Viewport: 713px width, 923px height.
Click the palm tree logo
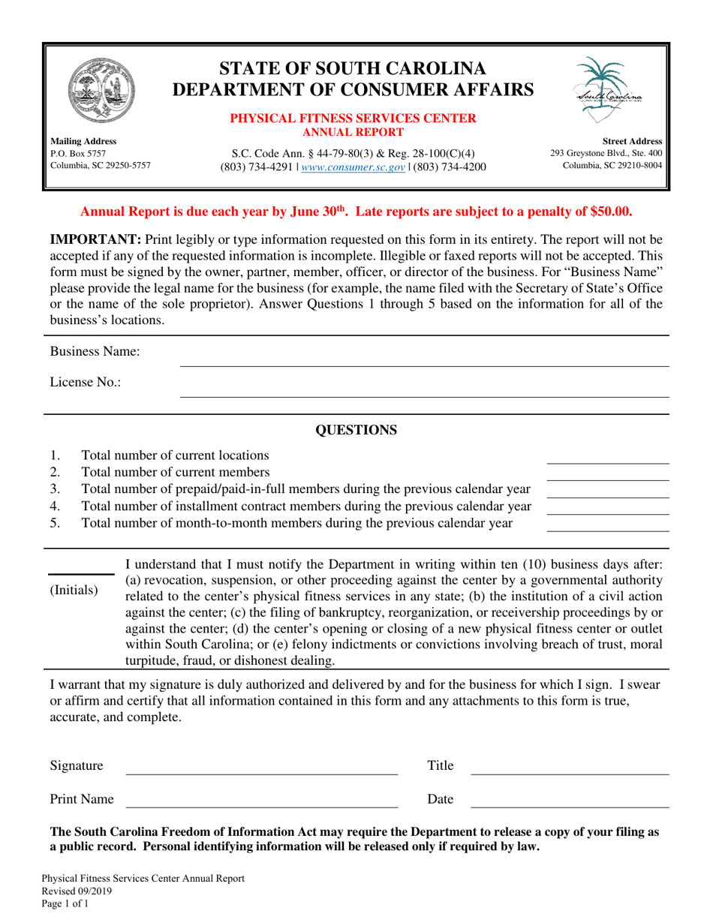coord(608,90)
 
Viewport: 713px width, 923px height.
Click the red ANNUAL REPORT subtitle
coord(352,133)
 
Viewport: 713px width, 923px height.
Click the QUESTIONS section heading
coord(356,431)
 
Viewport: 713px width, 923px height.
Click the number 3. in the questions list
coord(55,489)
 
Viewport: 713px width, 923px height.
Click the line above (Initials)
coord(81,574)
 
